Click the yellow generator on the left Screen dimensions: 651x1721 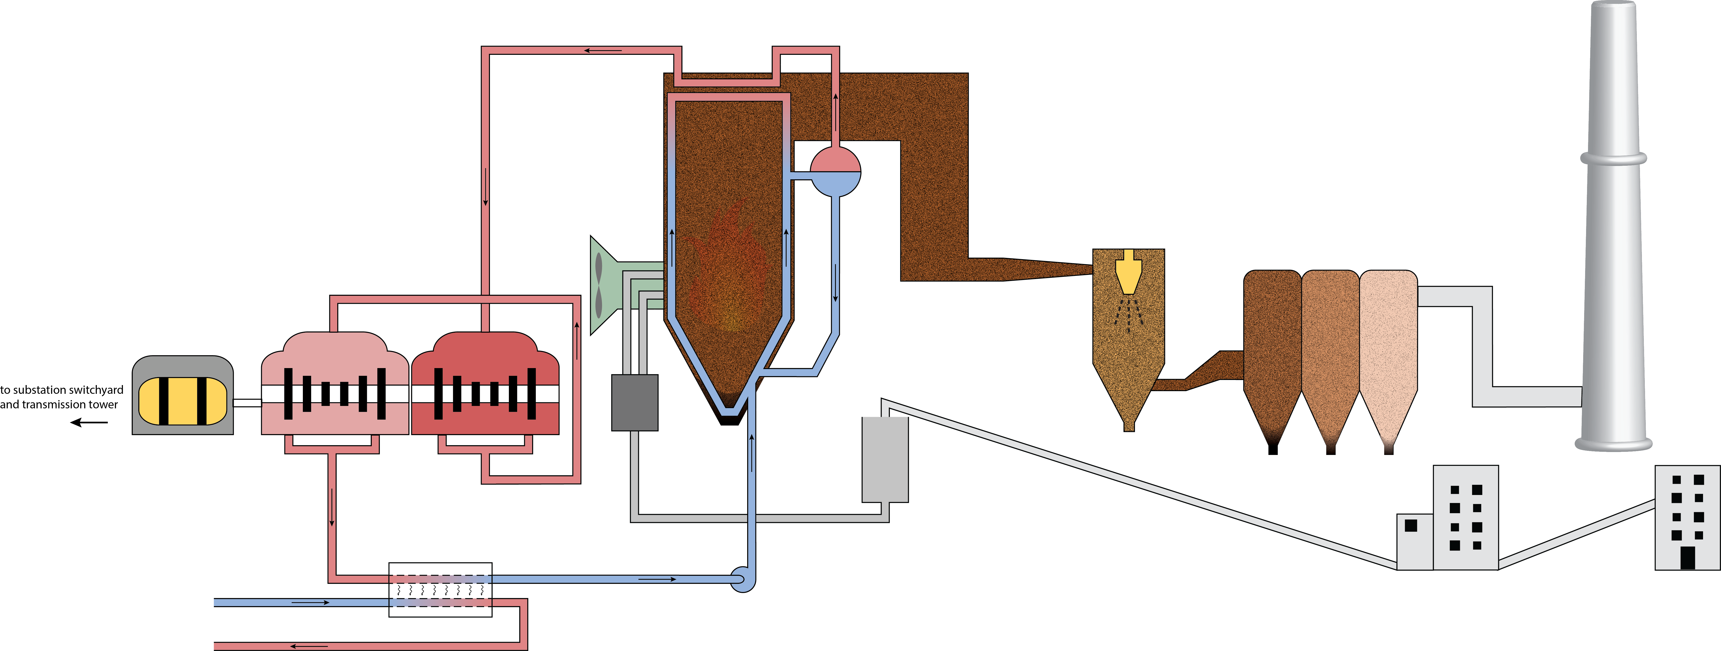[x=182, y=401]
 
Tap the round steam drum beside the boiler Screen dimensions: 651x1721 [x=835, y=172]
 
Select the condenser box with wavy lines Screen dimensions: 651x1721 [x=440, y=590]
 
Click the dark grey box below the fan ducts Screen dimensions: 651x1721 [x=635, y=402]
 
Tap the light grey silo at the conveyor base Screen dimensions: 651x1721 [x=885, y=459]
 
